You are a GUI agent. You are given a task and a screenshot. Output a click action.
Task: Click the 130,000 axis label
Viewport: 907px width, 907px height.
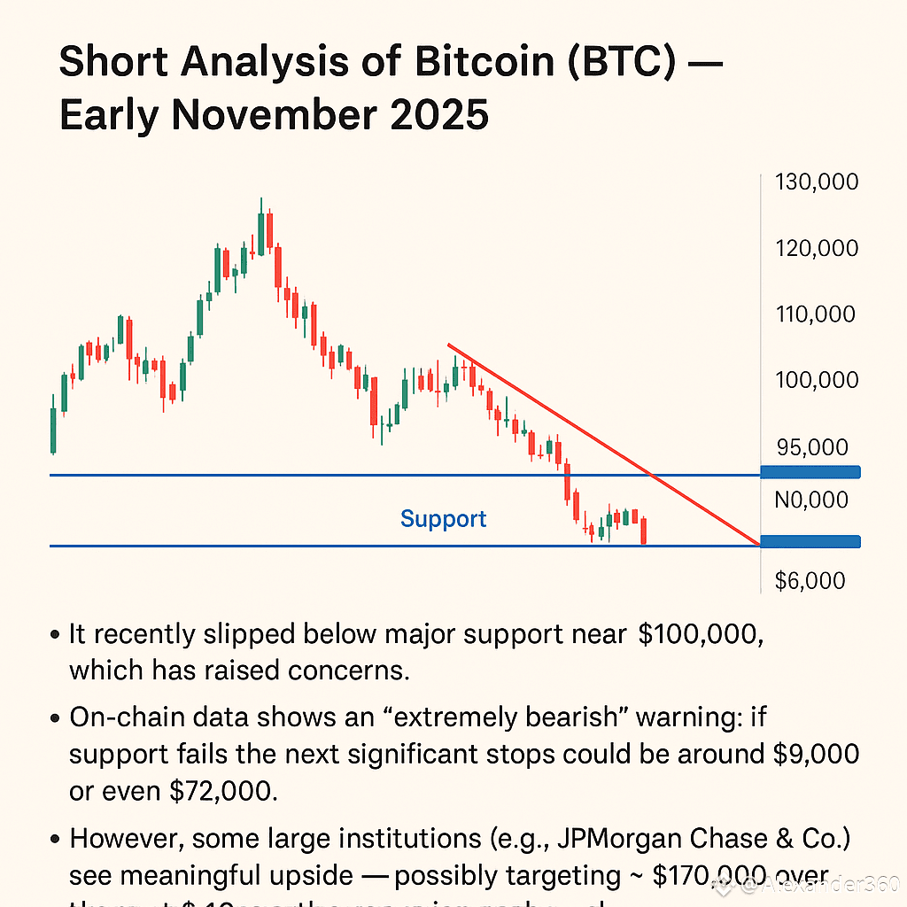coord(816,182)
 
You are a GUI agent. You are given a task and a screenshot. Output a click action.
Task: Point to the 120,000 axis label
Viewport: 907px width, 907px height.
coord(816,248)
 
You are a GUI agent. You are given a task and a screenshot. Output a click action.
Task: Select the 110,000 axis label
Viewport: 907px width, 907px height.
coord(816,314)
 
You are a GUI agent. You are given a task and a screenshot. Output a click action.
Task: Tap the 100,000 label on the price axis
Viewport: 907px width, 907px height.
coord(816,380)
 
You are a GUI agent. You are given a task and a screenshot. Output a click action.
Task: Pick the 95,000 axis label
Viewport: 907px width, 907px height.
coord(811,447)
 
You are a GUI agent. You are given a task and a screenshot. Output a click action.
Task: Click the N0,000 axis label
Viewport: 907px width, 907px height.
coord(810,500)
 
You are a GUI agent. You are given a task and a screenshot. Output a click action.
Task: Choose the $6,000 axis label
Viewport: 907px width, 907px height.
coord(810,580)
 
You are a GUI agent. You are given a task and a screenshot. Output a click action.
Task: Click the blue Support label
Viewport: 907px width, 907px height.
coord(443,519)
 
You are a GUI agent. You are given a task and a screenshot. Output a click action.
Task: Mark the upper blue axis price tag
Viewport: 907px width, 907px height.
coord(810,472)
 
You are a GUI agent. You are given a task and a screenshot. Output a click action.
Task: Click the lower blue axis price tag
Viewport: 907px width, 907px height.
coord(810,541)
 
